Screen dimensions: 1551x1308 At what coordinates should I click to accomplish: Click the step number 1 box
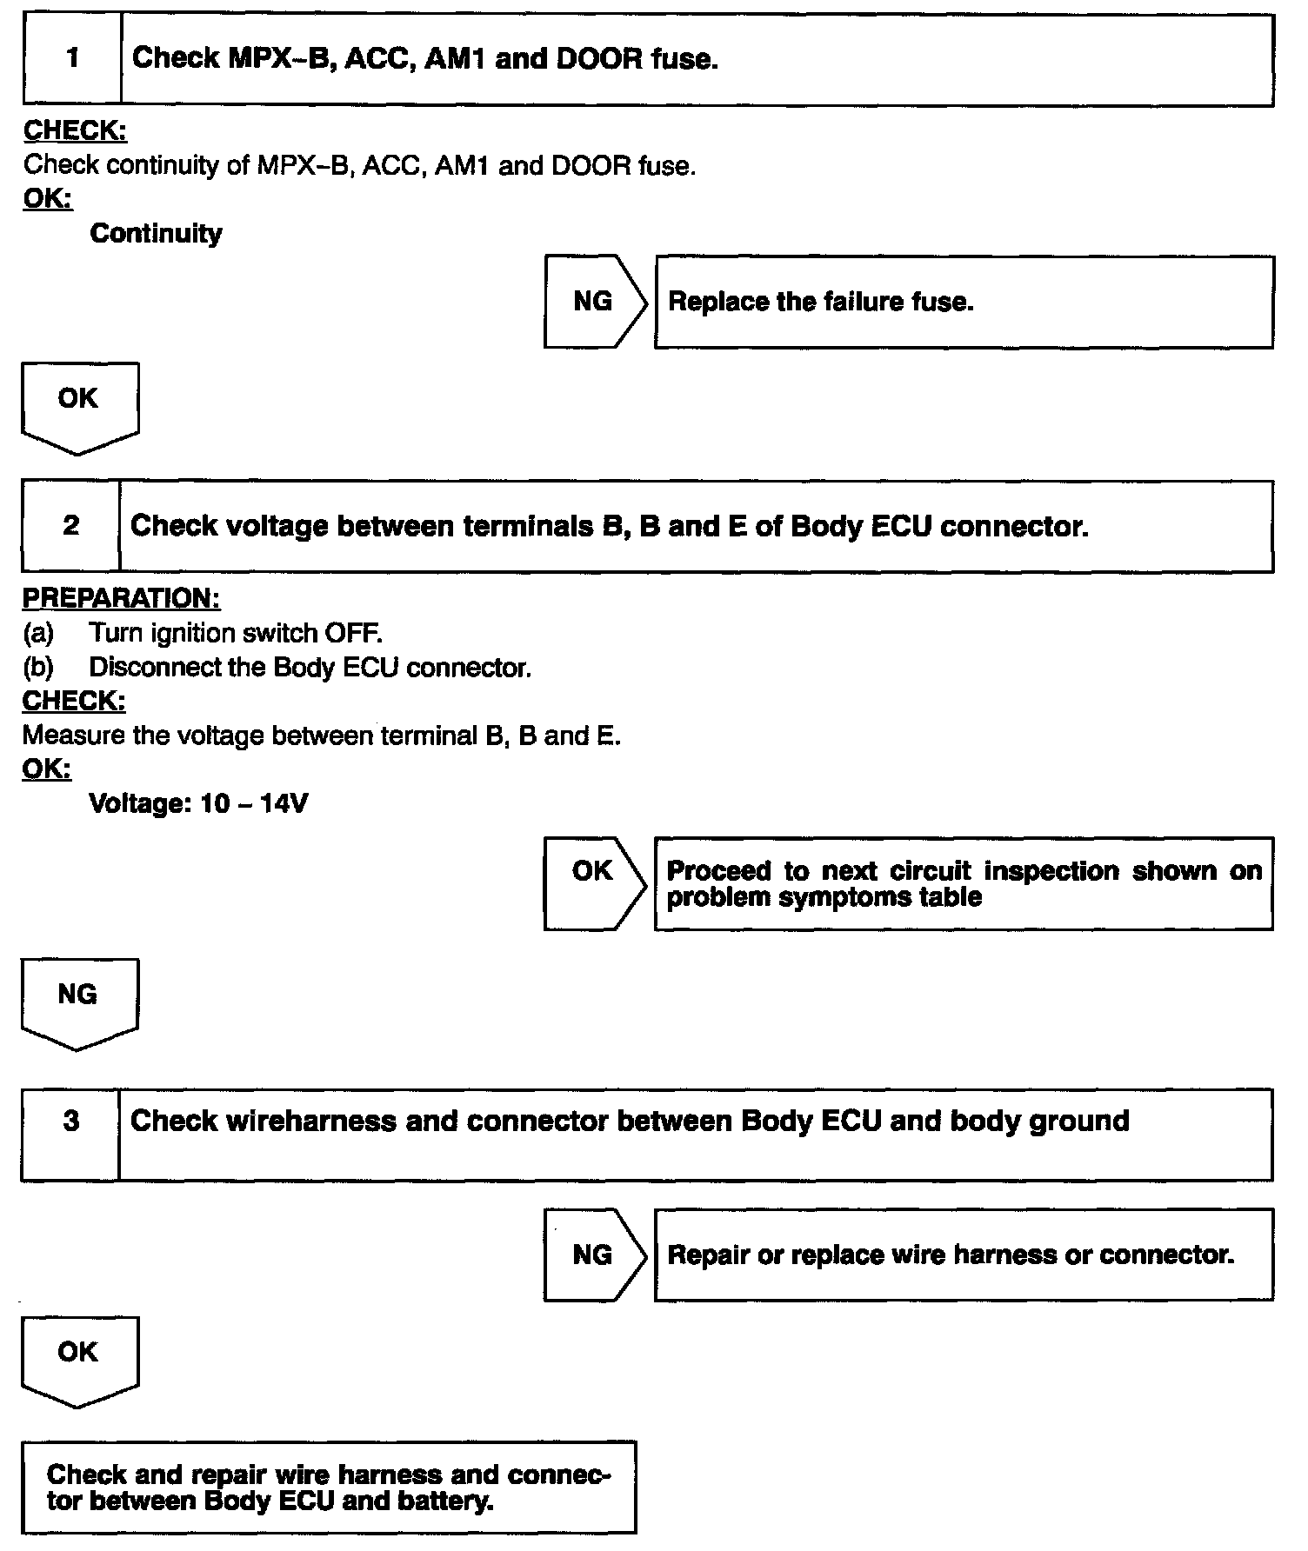pyautogui.click(x=73, y=59)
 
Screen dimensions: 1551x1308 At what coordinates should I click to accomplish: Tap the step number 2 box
pyautogui.click(x=71, y=526)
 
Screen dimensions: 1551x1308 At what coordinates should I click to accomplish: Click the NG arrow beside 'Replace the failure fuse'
pyautogui.click(x=595, y=302)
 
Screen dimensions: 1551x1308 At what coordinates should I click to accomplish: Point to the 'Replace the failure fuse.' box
pyautogui.click(x=964, y=302)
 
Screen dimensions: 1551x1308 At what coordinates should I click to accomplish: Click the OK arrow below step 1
pyautogui.click(x=79, y=405)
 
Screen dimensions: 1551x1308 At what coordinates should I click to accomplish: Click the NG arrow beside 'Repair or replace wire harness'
pyautogui.click(x=595, y=1255)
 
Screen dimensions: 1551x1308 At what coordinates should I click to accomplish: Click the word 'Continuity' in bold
pyautogui.click(x=157, y=233)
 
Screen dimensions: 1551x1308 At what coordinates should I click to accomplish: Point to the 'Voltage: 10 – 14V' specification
pyautogui.click(x=198, y=803)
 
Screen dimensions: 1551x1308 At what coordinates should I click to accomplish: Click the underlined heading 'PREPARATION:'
pyautogui.click(x=121, y=599)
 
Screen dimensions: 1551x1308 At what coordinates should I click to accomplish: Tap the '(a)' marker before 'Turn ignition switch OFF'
pyautogui.click(x=38, y=633)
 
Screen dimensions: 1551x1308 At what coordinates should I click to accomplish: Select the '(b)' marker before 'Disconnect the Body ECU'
pyautogui.click(x=38, y=668)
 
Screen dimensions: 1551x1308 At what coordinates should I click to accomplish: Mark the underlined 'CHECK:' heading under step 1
pyautogui.click(x=75, y=131)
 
